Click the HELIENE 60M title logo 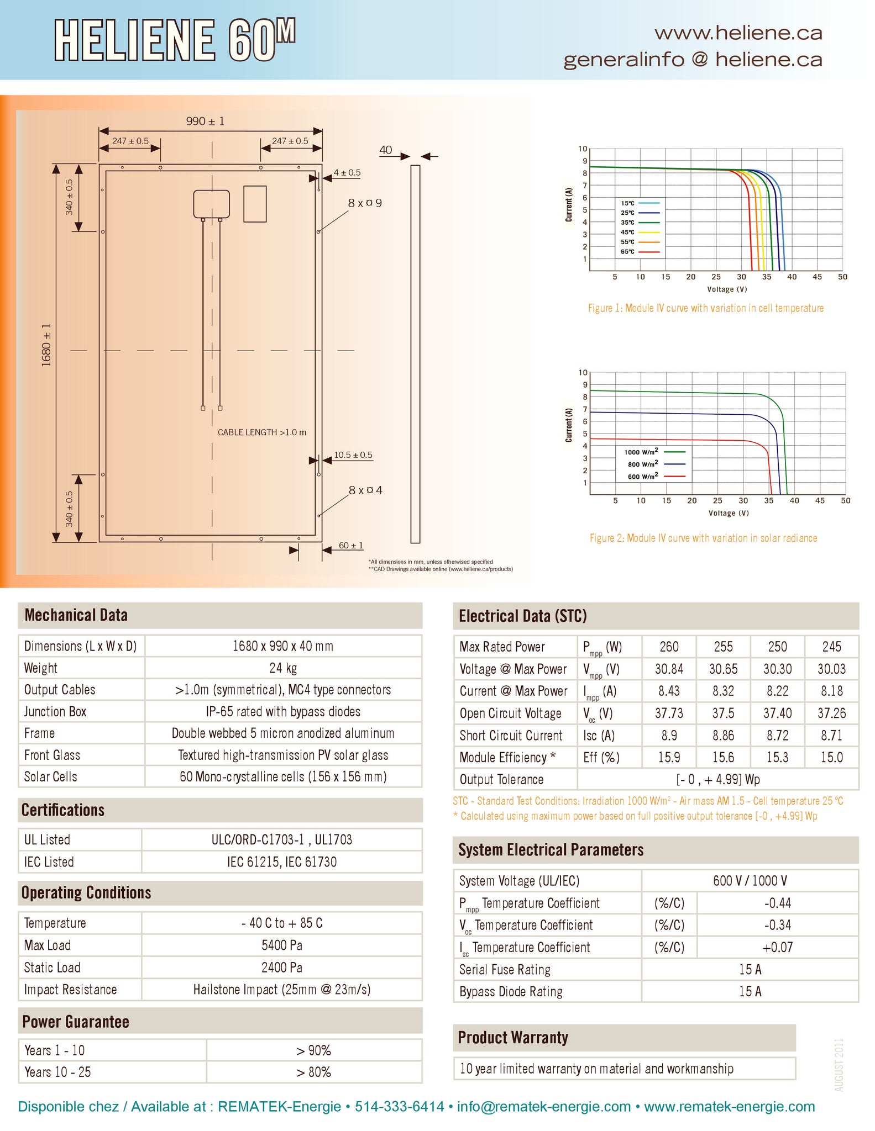(x=175, y=40)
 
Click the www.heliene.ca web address (x=738, y=33)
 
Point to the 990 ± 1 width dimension (x=205, y=121)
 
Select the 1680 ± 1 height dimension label (x=46, y=345)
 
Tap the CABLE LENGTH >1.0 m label (x=262, y=432)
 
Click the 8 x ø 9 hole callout (x=365, y=203)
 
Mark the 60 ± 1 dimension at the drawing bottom (x=351, y=546)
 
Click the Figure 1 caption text (x=706, y=308)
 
